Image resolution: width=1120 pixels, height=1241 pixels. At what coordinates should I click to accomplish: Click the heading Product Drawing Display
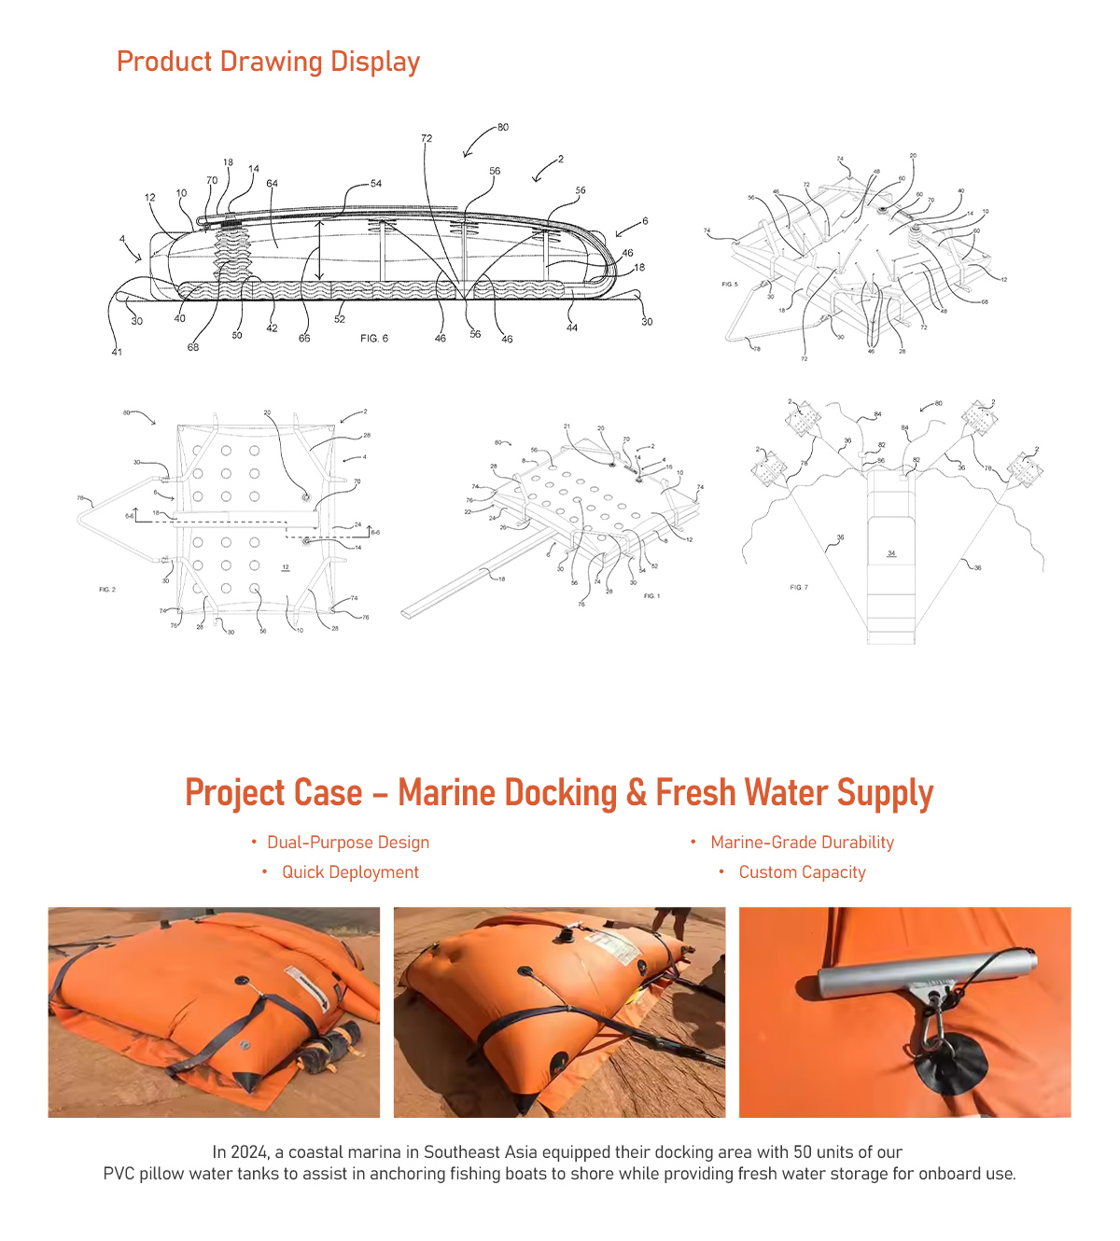tap(268, 62)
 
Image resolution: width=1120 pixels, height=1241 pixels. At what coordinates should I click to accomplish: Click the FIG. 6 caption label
tap(374, 339)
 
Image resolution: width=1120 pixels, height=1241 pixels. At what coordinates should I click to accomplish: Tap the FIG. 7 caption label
tap(799, 587)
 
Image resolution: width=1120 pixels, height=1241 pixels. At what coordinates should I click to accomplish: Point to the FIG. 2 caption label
tap(107, 590)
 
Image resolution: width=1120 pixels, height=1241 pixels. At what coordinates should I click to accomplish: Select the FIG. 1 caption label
tap(651, 595)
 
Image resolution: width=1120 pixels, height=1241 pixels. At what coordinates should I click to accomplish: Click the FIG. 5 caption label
tap(730, 284)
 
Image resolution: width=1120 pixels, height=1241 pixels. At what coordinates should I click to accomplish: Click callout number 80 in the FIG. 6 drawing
tap(503, 127)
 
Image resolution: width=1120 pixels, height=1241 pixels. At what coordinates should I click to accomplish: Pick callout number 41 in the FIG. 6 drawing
tap(117, 352)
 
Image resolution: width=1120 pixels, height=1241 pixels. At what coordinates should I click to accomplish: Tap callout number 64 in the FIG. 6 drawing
tap(272, 184)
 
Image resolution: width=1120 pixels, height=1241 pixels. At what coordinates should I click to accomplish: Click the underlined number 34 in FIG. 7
tap(891, 553)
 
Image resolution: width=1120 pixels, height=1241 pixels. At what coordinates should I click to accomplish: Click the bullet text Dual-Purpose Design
tap(348, 843)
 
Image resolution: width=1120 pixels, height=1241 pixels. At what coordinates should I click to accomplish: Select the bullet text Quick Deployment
tap(350, 872)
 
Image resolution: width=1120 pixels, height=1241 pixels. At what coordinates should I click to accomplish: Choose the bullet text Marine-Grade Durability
tap(802, 843)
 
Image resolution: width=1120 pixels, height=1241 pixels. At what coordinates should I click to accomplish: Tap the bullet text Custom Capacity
tap(802, 872)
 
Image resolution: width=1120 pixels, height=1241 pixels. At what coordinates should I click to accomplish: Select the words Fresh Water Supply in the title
tap(794, 793)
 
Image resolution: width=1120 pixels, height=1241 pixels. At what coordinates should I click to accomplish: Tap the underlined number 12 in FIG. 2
tap(286, 567)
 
